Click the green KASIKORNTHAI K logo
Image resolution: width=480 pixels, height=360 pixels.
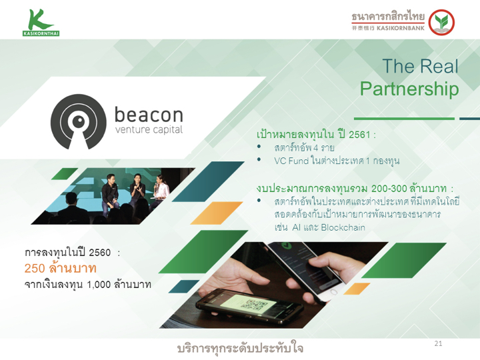tap(41, 23)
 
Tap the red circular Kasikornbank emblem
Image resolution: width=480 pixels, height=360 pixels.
tap(441, 23)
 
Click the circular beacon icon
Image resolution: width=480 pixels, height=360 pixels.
tap(79, 121)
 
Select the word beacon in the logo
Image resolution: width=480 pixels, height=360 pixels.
tap(149, 115)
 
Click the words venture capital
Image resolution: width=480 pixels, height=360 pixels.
tap(149, 130)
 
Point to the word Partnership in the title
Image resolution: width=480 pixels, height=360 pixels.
tap(409, 89)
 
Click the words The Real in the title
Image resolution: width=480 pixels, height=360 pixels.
tap(420, 66)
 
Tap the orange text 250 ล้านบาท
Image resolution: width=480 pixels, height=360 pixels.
tap(60, 268)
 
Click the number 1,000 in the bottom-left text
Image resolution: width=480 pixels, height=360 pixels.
tap(99, 285)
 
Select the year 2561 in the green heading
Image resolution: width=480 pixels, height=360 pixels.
tap(359, 135)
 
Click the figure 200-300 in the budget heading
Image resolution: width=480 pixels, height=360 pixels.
tap(389, 188)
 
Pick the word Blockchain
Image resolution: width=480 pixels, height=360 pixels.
tap(343, 227)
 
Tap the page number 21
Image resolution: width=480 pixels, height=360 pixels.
tap(439, 343)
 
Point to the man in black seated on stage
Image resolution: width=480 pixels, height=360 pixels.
tap(109, 194)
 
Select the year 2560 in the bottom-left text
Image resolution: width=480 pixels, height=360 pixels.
tap(100, 253)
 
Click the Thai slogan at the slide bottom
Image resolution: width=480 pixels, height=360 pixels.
tap(240, 349)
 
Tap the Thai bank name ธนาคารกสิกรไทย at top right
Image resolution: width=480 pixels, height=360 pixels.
tap(388, 16)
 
